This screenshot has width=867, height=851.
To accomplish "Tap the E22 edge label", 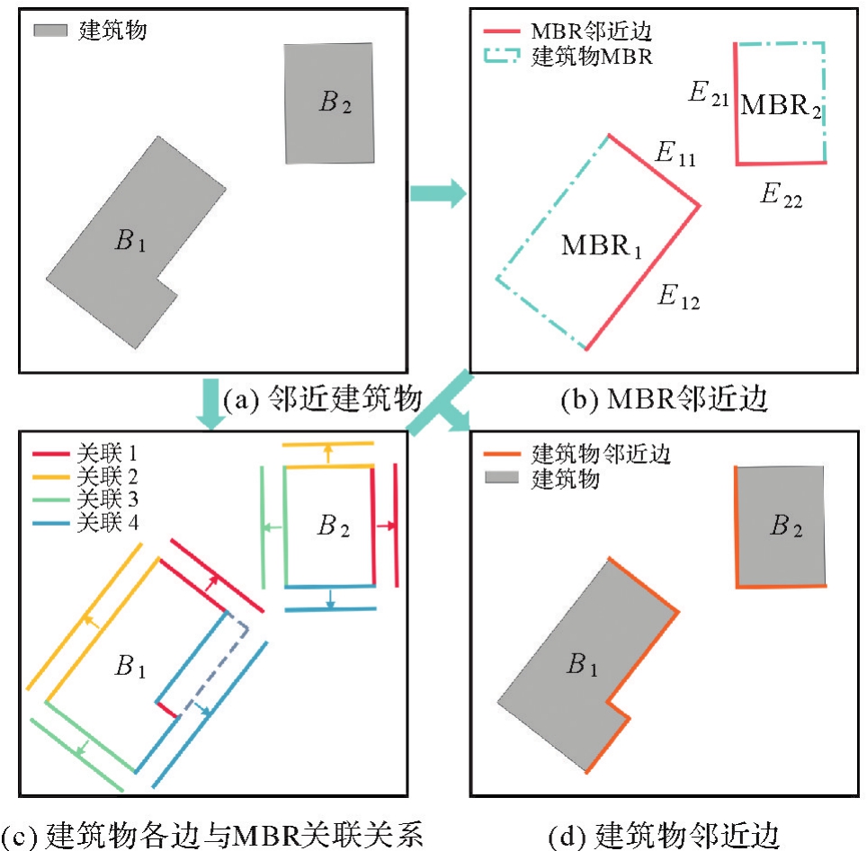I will [780, 195].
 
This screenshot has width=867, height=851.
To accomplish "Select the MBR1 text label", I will [602, 245].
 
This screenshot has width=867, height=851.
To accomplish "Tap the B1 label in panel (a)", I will [130, 240].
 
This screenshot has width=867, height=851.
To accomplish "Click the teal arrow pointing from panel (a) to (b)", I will [438, 192].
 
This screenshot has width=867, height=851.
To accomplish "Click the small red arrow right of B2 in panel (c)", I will [388, 526].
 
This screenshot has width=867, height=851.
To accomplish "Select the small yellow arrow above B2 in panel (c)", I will [328, 453].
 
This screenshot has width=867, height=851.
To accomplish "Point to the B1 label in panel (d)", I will [582, 666].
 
